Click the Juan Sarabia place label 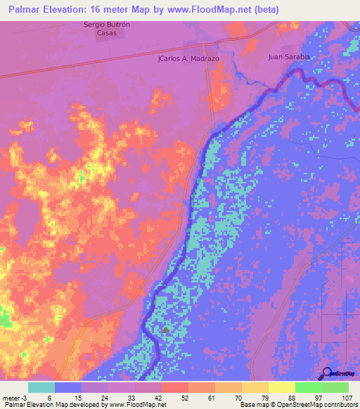(x=289, y=57)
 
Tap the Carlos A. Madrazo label (x=189, y=59)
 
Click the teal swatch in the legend (x=41, y=387)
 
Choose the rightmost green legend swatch (x=335, y=387)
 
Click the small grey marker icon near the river (x=166, y=330)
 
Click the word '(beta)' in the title (x=266, y=10)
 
